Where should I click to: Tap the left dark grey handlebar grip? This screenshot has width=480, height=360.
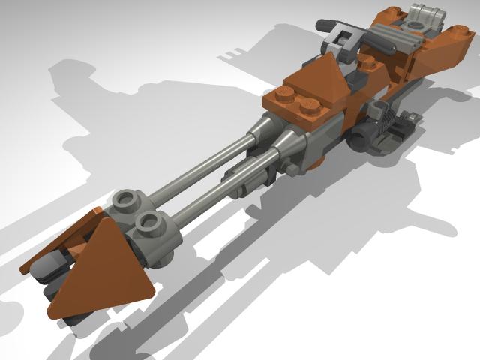pyautogui.click(x=325, y=25)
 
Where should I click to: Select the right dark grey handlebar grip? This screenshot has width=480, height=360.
pyautogui.click(x=382, y=46)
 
